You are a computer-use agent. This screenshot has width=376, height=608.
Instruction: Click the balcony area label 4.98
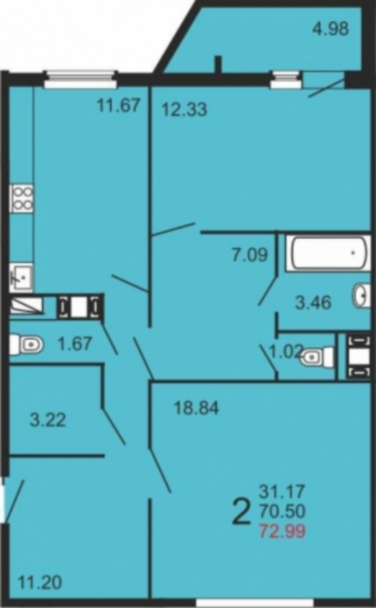coord(331,28)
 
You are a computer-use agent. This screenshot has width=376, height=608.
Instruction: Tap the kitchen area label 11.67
coord(119,104)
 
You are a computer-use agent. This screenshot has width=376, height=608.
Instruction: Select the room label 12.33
coord(184,109)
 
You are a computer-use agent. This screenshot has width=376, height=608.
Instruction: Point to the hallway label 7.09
coord(249,255)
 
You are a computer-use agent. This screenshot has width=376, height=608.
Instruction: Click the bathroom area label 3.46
coord(313,302)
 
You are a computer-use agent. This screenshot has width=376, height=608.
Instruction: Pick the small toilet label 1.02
coord(286,351)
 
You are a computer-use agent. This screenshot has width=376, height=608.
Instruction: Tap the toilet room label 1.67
coord(75,344)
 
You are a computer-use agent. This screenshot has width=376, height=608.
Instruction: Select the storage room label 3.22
coord(48,420)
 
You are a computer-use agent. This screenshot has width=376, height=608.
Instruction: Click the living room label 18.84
coord(196,408)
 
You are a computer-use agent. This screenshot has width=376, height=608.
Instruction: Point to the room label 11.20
coord(40,583)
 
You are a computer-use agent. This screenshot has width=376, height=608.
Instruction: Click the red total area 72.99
coord(283,530)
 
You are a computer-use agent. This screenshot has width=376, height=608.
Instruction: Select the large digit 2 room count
coord(241,511)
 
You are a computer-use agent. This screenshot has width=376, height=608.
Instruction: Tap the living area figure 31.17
coord(282,492)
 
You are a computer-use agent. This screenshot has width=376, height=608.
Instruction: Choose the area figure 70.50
coord(283,511)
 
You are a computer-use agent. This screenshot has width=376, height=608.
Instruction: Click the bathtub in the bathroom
coord(329,253)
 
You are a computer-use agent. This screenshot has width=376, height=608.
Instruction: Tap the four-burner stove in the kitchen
coord(21,198)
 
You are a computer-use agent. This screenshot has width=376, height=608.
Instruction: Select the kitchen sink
coord(21,277)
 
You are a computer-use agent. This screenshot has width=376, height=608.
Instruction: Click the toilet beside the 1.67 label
coord(26,344)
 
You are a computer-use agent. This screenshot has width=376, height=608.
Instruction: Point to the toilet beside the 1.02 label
coord(317,356)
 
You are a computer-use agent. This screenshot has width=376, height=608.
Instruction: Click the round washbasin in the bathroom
coord(362,295)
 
